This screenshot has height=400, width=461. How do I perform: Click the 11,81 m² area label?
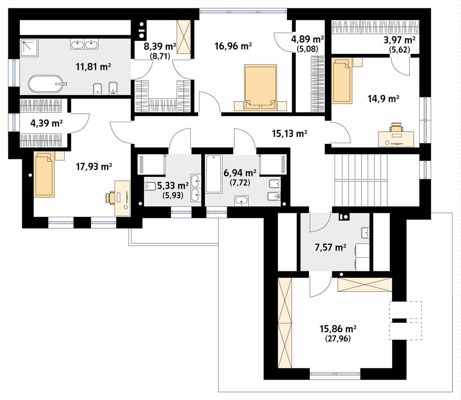pyautogui.click(x=93, y=67)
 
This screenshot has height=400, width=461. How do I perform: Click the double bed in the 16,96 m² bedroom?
pyautogui.click(x=261, y=87)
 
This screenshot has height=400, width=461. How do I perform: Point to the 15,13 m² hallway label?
pyautogui.click(x=289, y=134)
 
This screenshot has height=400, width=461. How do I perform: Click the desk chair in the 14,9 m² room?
pyautogui.click(x=396, y=128)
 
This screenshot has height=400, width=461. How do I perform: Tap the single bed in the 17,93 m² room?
pyautogui.click(x=44, y=174)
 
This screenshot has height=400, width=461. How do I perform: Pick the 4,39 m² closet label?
pyautogui.click(x=46, y=123)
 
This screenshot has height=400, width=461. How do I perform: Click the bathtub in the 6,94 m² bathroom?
pyautogui.click(x=214, y=174)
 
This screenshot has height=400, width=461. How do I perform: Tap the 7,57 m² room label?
pyautogui.click(x=329, y=248)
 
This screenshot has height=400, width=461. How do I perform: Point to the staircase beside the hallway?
pyautogui.click(x=361, y=180)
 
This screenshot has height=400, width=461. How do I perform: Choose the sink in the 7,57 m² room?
pyautogui.click(x=365, y=232)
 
